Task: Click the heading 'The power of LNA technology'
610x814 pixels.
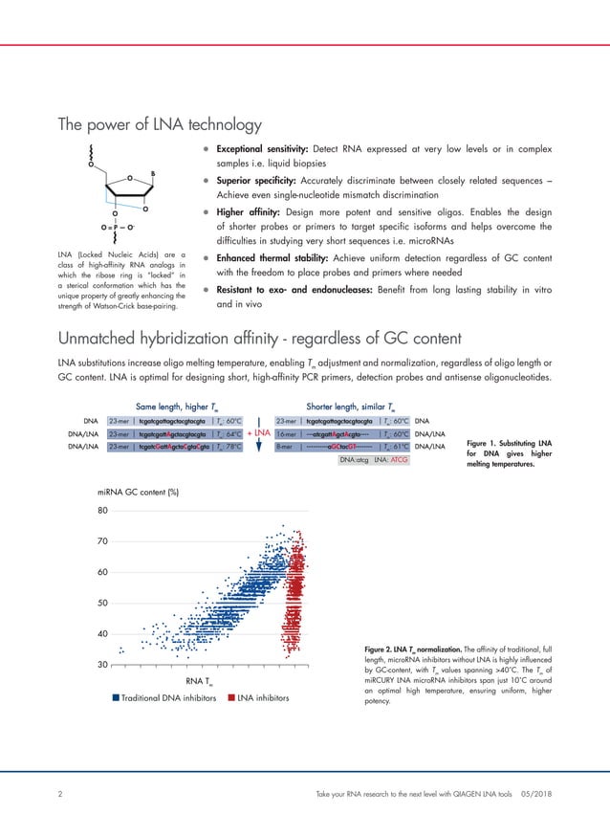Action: [160, 124]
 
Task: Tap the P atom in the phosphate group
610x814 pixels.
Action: [117, 228]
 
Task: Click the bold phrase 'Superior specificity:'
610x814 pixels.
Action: [248, 182]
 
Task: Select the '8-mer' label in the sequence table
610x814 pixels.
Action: [285, 446]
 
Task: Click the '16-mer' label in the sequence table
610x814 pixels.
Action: [287, 432]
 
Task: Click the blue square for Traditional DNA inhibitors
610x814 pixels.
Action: [116, 698]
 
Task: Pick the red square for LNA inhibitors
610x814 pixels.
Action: [230, 698]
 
